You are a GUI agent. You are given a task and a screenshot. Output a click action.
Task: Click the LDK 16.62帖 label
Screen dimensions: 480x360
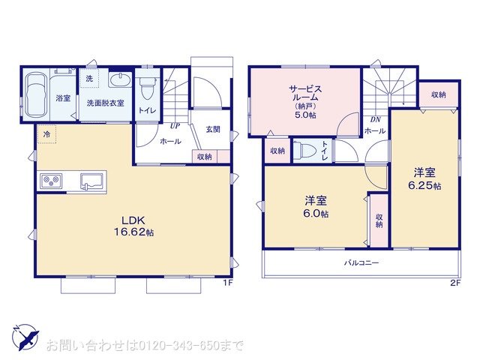[x=133, y=226]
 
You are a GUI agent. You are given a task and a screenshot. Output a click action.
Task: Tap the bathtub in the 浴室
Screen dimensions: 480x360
[x=35, y=95]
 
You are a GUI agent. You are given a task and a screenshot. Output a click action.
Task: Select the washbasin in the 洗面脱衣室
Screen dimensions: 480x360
[x=120, y=80]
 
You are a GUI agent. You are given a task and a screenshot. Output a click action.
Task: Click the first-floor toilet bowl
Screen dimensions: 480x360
[x=147, y=88]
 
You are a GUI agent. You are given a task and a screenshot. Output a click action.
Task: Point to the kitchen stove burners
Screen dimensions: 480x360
[x=52, y=181]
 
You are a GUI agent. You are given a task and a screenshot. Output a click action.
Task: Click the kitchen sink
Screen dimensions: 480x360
[x=92, y=181]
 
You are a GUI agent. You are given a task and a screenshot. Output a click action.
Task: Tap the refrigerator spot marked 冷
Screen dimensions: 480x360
[x=46, y=133]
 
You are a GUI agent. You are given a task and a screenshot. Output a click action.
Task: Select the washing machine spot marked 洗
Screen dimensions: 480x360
[x=89, y=78]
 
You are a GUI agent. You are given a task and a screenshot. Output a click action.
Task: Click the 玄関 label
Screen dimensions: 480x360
[x=213, y=130]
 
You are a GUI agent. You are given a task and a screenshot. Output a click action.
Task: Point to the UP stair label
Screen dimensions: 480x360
[x=175, y=126]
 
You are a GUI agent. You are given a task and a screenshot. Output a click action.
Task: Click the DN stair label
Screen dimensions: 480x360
[x=375, y=120]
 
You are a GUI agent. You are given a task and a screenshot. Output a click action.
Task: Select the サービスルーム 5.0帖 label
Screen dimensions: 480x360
[x=305, y=102]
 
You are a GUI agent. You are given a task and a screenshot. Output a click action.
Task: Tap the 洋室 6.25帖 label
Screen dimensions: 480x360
[x=424, y=179]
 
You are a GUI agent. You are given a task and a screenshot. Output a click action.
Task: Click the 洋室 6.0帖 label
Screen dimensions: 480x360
[x=316, y=207]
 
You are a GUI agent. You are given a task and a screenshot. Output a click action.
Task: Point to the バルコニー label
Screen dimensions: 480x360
[x=361, y=262]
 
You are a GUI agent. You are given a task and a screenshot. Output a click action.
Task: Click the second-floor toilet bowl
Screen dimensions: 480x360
[x=307, y=150]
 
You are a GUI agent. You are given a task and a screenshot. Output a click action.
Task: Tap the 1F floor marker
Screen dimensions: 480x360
[x=228, y=283]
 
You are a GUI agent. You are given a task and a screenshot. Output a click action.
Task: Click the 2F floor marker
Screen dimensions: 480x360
[x=455, y=283]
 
